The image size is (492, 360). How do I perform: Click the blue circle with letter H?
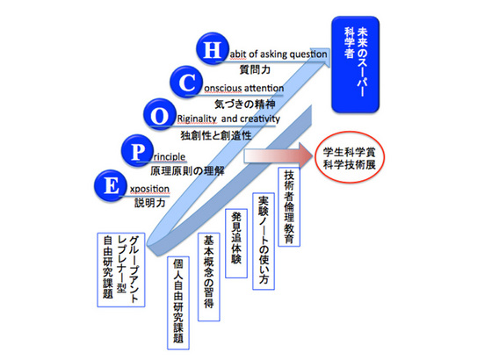(x=213, y=49)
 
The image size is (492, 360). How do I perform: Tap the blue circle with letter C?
(x=186, y=83)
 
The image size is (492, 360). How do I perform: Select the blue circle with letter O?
(x=160, y=115)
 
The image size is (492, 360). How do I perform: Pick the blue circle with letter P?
(x=137, y=151)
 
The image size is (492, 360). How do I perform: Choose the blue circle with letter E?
(x=111, y=185)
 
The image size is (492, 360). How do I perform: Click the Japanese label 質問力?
(x=255, y=69)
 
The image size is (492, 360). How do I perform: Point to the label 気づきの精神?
(x=245, y=104)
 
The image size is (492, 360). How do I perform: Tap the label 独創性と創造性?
(x=216, y=135)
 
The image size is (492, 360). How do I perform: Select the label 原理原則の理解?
(x=187, y=170)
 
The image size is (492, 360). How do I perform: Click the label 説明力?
(x=150, y=203)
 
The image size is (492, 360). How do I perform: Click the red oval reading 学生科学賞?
(x=350, y=157)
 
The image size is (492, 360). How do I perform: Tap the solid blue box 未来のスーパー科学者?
(x=356, y=64)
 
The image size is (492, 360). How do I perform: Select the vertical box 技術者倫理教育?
(x=289, y=206)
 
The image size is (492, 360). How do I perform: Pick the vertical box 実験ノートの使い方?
(x=264, y=241)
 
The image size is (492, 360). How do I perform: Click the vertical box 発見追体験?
(x=236, y=243)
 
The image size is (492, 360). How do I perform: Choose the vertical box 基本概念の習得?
(x=209, y=277)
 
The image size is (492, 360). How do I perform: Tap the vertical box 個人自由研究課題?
(x=178, y=303)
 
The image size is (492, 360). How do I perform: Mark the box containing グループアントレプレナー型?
(x=121, y=270)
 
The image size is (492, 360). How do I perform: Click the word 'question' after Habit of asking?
(x=308, y=54)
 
